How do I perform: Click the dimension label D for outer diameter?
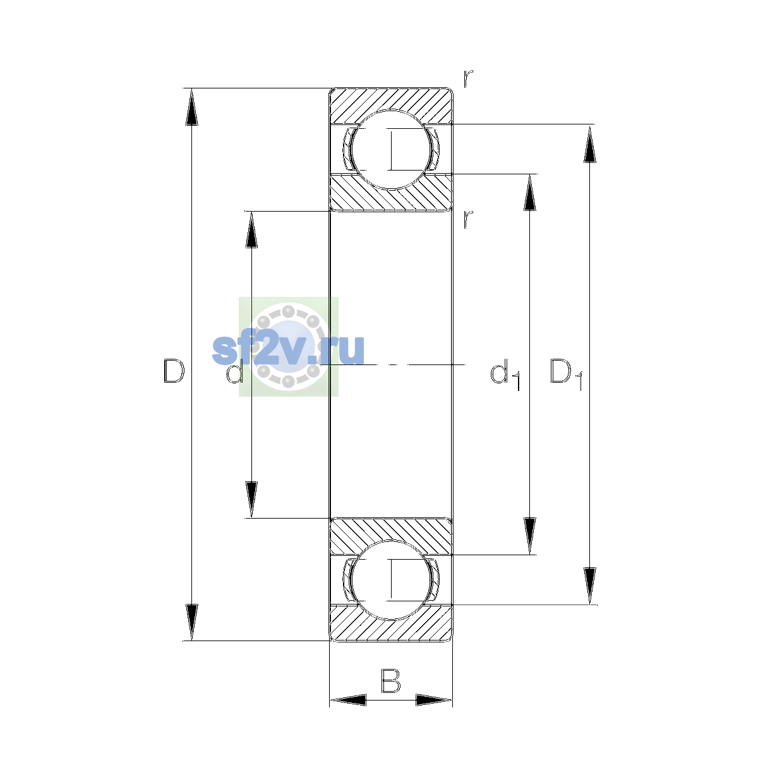[x=174, y=371]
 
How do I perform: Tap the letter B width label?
[x=390, y=681]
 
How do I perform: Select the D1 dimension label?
[x=566, y=373]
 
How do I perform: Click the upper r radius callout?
[x=468, y=78]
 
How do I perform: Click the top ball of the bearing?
[x=391, y=150]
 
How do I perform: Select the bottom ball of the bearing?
[x=391, y=580]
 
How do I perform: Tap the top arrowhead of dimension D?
[x=191, y=107]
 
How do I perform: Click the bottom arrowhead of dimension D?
[x=191, y=622]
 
